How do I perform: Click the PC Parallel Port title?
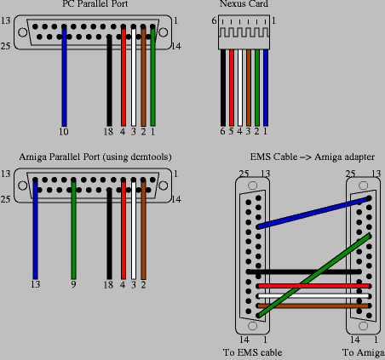tap(95, 3)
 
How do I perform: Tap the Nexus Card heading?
tap(244, 3)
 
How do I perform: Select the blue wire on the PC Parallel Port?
tap(64, 77)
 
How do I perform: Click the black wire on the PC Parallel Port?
tap(109, 81)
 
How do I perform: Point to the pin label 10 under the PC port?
tap(64, 132)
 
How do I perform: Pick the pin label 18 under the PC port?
tap(108, 132)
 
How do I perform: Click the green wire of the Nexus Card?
tap(257, 88)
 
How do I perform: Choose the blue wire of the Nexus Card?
tap(266, 88)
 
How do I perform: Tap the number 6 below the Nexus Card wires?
tap(222, 131)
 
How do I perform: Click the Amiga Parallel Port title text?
tap(95, 157)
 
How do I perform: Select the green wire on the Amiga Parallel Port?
tap(73, 230)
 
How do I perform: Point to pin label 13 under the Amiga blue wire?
tap(35, 284)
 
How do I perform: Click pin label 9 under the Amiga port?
tap(73, 284)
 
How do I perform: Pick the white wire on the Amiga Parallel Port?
tap(134, 230)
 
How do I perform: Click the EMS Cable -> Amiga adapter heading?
tap(313, 157)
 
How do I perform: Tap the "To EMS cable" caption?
tap(252, 352)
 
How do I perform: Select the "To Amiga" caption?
tap(364, 352)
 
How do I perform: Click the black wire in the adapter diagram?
tap(304, 271)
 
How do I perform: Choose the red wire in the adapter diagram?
tap(313, 286)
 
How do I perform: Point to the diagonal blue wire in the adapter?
tap(313, 213)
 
